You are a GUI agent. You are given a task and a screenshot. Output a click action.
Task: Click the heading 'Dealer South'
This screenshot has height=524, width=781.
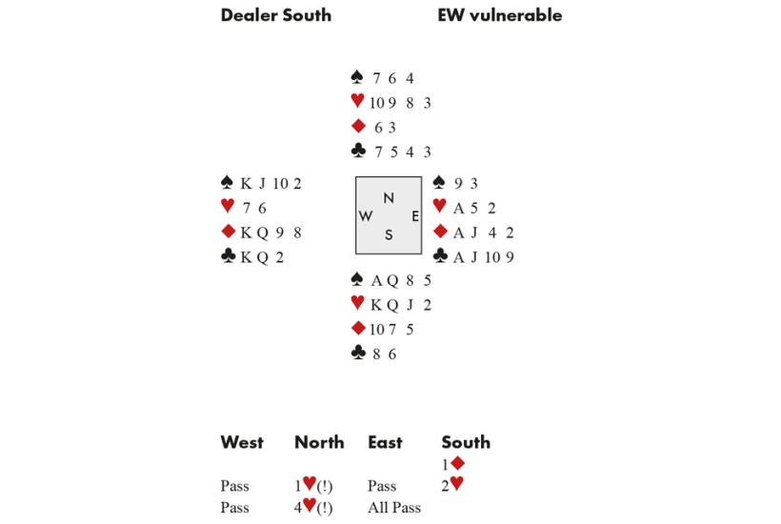pyautogui.click(x=276, y=15)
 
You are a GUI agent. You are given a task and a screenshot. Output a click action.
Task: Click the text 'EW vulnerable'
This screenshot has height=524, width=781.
pyautogui.click(x=500, y=15)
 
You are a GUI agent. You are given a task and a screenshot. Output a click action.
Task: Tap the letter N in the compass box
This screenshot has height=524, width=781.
pyautogui.click(x=389, y=198)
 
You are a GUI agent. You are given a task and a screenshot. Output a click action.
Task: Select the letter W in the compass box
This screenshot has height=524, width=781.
pyautogui.click(x=365, y=215)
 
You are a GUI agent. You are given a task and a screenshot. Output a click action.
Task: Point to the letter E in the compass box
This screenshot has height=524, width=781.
pyautogui.click(x=415, y=216)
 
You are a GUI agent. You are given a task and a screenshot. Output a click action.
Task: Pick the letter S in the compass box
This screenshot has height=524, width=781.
pyautogui.click(x=389, y=234)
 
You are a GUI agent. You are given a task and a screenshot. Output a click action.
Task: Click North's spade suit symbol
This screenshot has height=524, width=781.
pyautogui.click(x=357, y=77)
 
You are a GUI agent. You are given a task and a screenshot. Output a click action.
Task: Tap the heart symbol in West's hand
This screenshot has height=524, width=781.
pyautogui.click(x=228, y=205)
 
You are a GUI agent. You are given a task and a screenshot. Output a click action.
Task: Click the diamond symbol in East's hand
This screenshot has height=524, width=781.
pyautogui.click(x=440, y=231)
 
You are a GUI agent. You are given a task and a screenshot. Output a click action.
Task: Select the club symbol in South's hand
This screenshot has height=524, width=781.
pyautogui.click(x=358, y=353)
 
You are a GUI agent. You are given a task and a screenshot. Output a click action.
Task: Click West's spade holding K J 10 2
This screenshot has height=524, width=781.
pyautogui.click(x=270, y=184)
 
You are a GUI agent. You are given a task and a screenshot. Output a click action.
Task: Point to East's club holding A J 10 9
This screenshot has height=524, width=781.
pyautogui.click(x=484, y=257)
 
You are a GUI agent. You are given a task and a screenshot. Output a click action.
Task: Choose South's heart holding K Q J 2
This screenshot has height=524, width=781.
pyautogui.click(x=401, y=305)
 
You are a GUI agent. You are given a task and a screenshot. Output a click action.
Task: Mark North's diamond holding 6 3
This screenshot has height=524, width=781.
pyautogui.click(x=385, y=128)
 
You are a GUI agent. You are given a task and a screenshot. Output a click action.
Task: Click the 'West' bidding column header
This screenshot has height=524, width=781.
pyautogui.click(x=242, y=442)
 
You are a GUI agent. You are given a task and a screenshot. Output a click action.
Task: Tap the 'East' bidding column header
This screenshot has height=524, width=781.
pyautogui.click(x=385, y=442)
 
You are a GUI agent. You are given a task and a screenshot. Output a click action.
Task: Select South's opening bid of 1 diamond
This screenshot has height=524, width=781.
pyautogui.click(x=453, y=464)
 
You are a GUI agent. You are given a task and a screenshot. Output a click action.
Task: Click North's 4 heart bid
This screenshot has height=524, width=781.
pyautogui.click(x=313, y=507)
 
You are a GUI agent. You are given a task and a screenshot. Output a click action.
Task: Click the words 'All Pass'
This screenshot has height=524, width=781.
pyautogui.click(x=394, y=508)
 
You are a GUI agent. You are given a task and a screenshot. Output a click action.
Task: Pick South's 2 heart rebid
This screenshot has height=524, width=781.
pyautogui.click(x=452, y=484)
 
